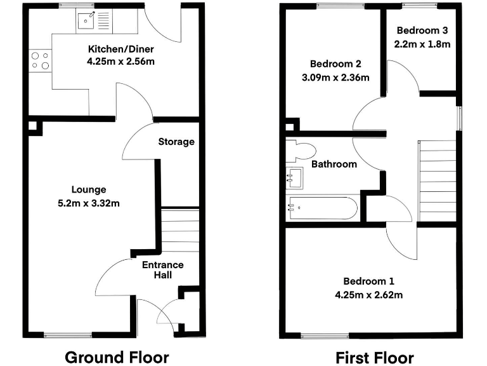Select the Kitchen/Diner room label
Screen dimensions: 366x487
[120, 50]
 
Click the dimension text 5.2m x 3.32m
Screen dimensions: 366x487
[88, 203]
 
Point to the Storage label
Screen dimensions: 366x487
[176, 142]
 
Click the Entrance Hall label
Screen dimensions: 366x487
[162, 270]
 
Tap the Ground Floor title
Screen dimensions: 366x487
[117, 356]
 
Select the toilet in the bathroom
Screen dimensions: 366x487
[301, 151]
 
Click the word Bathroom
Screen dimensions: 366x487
[334, 164]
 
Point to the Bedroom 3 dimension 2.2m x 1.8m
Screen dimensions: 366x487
[423, 44]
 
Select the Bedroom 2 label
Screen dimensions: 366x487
[335, 64]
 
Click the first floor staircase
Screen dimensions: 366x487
[437, 180]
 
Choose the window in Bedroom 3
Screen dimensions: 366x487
[420, 6]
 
